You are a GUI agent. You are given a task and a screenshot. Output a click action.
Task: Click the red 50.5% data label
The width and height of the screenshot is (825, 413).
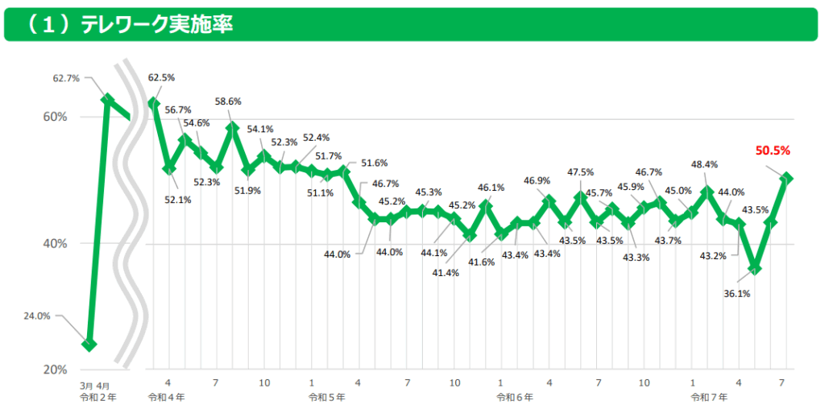click(x=773, y=150)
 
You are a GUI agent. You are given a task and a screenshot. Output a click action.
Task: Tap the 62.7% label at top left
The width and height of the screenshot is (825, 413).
click(x=66, y=78)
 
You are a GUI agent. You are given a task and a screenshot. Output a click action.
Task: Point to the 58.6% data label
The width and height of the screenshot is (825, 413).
click(x=228, y=101)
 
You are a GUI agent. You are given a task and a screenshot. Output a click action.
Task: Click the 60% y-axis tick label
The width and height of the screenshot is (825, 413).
click(x=55, y=117)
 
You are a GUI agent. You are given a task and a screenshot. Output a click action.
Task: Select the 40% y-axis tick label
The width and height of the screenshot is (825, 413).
click(x=55, y=243)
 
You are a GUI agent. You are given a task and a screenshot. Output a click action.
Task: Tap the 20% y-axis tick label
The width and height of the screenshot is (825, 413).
click(x=55, y=370)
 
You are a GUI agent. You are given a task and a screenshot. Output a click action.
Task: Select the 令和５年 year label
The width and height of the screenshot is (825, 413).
click(x=325, y=398)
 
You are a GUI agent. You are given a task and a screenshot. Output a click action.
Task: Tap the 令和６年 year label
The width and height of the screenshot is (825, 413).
click(x=515, y=398)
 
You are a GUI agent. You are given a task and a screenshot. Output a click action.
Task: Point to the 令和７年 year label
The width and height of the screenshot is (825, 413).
click(x=709, y=398)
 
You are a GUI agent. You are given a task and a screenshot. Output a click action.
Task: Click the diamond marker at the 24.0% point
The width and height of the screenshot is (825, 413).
click(x=89, y=345)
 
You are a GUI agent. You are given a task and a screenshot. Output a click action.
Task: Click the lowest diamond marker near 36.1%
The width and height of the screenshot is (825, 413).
click(x=755, y=267)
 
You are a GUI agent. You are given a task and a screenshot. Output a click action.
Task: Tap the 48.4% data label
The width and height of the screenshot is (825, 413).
click(x=705, y=165)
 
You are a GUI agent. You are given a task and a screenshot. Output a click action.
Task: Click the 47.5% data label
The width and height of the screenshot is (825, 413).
click(x=580, y=172)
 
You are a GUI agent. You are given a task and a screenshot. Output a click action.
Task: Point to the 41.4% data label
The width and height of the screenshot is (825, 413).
click(x=445, y=273)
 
